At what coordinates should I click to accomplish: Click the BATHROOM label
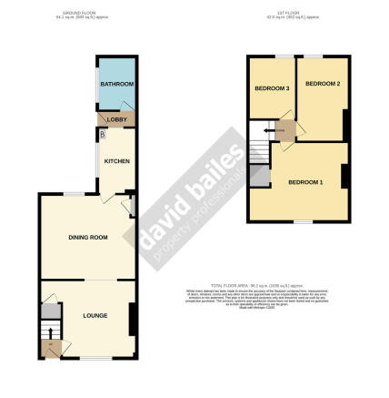coord(116,85)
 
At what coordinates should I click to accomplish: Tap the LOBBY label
coord(116,119)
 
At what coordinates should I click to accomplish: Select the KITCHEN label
coord(116,161)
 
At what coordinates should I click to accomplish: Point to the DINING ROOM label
coord(88,237)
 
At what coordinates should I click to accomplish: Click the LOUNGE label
coord(95,315)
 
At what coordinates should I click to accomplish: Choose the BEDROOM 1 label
coord(305,183)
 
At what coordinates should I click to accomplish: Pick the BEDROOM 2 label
coord(322,85)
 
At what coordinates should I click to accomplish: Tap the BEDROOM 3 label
coord(271,88)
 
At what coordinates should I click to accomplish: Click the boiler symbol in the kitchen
coord(103,136)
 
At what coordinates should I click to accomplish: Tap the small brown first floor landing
coord(285,132)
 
